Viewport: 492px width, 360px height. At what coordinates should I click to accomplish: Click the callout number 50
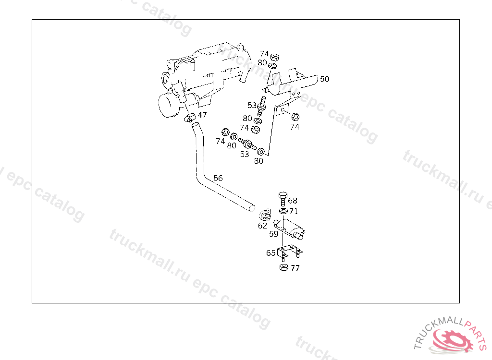[x=325, y=79]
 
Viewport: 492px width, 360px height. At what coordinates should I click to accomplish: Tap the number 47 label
[x=202, y=115]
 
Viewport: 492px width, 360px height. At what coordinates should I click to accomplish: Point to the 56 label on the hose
[x=218, y=178]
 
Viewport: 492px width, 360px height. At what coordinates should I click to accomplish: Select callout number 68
[x=293, y=201]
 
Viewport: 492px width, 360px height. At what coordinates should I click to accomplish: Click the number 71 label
[x=294, y=211]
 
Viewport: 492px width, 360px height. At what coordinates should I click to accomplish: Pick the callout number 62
[x=262, y=225]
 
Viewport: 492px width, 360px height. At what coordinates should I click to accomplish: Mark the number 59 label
[x=273, y=234]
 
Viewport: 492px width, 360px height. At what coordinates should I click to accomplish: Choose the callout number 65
[x=271, y=253]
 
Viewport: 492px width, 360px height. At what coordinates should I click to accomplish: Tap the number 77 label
[x=295, y=268]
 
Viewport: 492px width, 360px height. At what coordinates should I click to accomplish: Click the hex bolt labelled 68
[x=283, y=198]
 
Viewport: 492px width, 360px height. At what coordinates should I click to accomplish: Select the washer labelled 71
[x=283, y=211]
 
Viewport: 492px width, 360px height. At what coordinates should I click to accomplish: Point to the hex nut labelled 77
[x=283, y=268]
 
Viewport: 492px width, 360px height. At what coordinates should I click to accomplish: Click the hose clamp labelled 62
[x=264, y=215]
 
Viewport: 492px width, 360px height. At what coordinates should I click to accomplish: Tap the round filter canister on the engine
[x=168, y=105]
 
